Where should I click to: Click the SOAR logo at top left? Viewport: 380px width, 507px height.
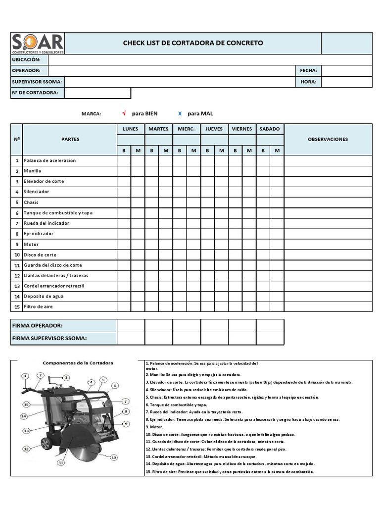pyautogui.click(x=38, y=43)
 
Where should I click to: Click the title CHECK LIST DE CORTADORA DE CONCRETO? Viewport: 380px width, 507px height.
pyautogui.click(x=193, y=43)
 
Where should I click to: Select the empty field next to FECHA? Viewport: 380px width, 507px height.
pyautogui.click(x=346, y=71)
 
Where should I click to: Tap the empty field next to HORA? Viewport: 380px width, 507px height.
pyautogui.click(x=346, y=82)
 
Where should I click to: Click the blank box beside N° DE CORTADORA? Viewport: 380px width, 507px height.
pyautogui.click(x=97, y=93)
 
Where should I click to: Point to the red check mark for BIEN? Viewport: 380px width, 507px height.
pyautogui.click(x=124, y=113)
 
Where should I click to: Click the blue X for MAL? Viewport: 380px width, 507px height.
pyautogui.click(x=180, y=113)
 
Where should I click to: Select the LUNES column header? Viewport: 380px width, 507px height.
pyautogui.click(x=131, y=129)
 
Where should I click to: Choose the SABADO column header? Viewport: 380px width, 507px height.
pyautogui.click(x=270, y=129)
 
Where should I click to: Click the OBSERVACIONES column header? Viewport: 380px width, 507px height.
pyautogui.click(x=328, y=139)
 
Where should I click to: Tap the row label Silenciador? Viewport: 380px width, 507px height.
pyautogui.click(x=37, y=192)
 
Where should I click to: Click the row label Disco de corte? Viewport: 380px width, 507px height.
pyautogui.click(x=40, y=254)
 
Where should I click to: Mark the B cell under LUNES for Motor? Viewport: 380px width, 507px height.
pyautogui.click(x=124, y=244)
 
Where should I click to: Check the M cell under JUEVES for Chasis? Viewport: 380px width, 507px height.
pyautogui.click(x=221, y=202)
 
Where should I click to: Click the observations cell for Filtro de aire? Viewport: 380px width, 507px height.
pyautogui.click(x=328, y=306)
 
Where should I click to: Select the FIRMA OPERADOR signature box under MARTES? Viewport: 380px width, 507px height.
pyautogui.click(x=158, y=325)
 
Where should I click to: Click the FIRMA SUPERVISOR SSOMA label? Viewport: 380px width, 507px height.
pyautogui.click(x=49, y=338)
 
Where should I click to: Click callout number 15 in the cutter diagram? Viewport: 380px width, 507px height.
pyautogui.click(x=26, y=404)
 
